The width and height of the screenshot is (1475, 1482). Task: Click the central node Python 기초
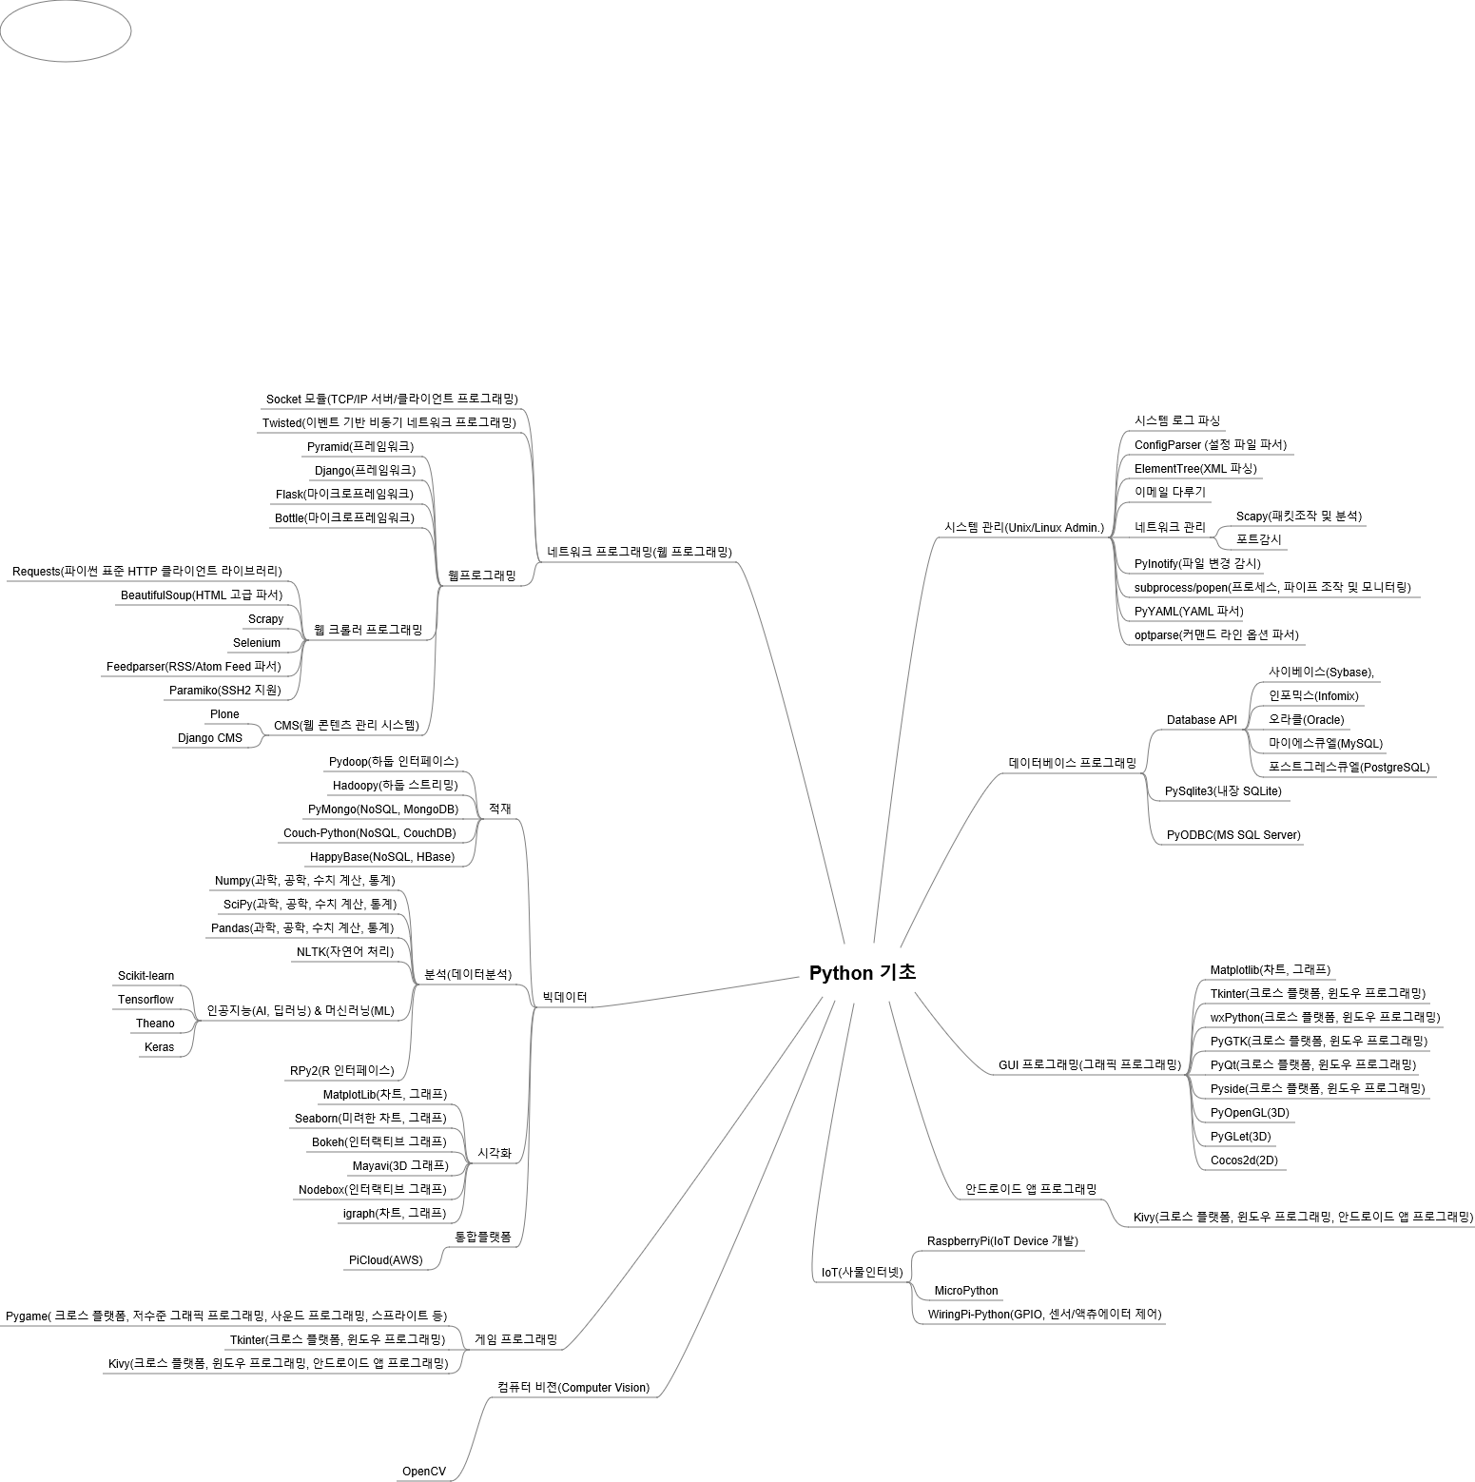pos(862,973)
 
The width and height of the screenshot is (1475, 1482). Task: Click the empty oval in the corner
pos(66,31)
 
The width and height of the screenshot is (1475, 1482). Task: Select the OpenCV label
pos(423,1472)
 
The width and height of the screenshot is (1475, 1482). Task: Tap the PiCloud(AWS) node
pos(385,1260)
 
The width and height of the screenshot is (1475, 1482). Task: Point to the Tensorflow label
pos(146,1000)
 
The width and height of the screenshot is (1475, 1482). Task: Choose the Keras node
pos(159,1047)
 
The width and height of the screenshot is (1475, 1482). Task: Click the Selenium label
pos(257,643)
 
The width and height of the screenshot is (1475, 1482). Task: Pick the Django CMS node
pos(210,738)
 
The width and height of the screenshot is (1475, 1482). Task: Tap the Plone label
pos(224,714)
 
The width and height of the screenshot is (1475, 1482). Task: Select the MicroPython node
pos(966,1291)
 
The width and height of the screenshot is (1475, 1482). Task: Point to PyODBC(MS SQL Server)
pos(1233,835)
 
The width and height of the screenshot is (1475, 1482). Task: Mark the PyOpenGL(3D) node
pos(1250,1113)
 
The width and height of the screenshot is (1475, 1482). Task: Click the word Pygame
pos(27,1316)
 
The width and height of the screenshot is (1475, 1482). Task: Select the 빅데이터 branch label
pos(565,997)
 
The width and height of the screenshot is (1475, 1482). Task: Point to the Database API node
pos(1201,720)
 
